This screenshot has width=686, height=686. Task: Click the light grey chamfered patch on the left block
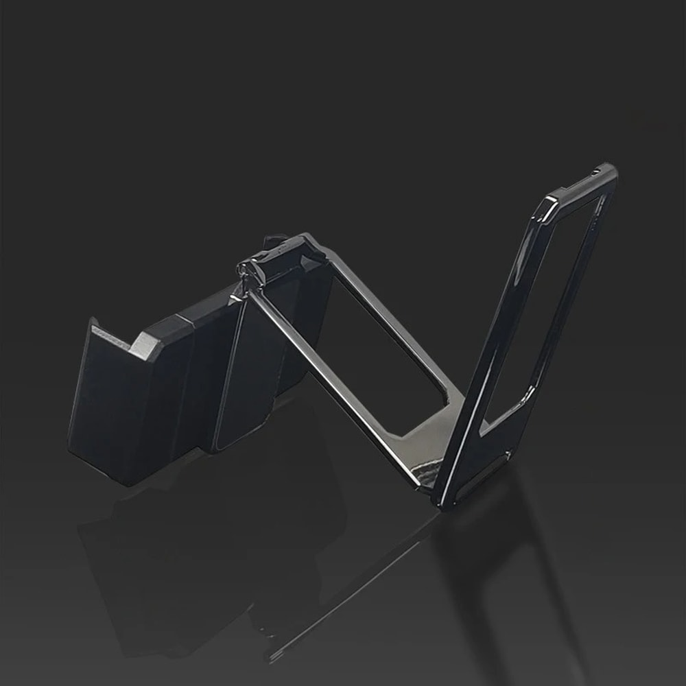click(x=146, y=343)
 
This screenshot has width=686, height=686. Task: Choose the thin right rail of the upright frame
click(x=583, y=288)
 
